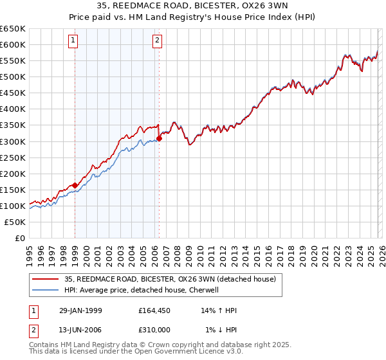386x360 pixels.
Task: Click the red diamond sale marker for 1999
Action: coord(75,184)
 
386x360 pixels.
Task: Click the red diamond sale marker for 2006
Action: coord(159,138)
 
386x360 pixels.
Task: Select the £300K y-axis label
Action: coord(13,141)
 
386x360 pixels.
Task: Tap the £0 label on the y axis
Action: coord(19,239)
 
